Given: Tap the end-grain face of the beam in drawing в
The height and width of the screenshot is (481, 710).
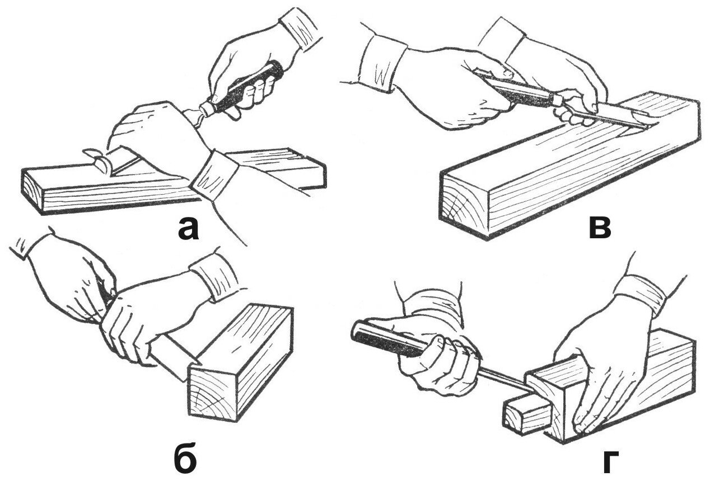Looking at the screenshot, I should [x=465, y=201].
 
